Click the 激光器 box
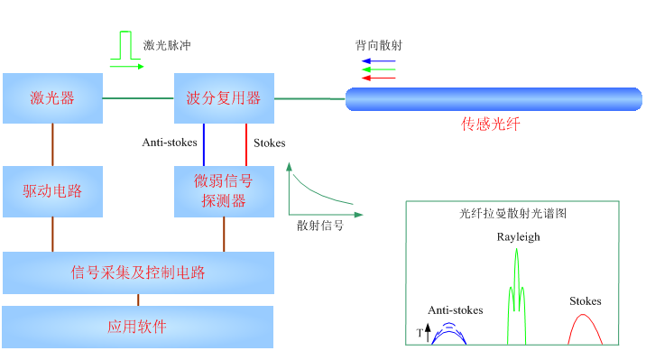click(52, 98)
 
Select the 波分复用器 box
click(224, 98)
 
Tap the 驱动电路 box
click(52, 191)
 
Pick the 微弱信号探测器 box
click(224, 191)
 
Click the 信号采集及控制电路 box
click(138, 272)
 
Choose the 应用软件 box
click(137, 327)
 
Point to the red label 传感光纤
click(491, 125)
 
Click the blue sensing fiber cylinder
click(494, 99)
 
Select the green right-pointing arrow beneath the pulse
click(127, 67)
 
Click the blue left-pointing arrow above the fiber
click(378, 61)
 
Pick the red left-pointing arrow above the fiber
click(378, 78)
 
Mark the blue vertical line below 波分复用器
click(203, 144)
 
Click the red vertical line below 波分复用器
click(245, 144)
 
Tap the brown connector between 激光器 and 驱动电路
click(52, 144)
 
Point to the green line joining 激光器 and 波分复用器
click(138, 98)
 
